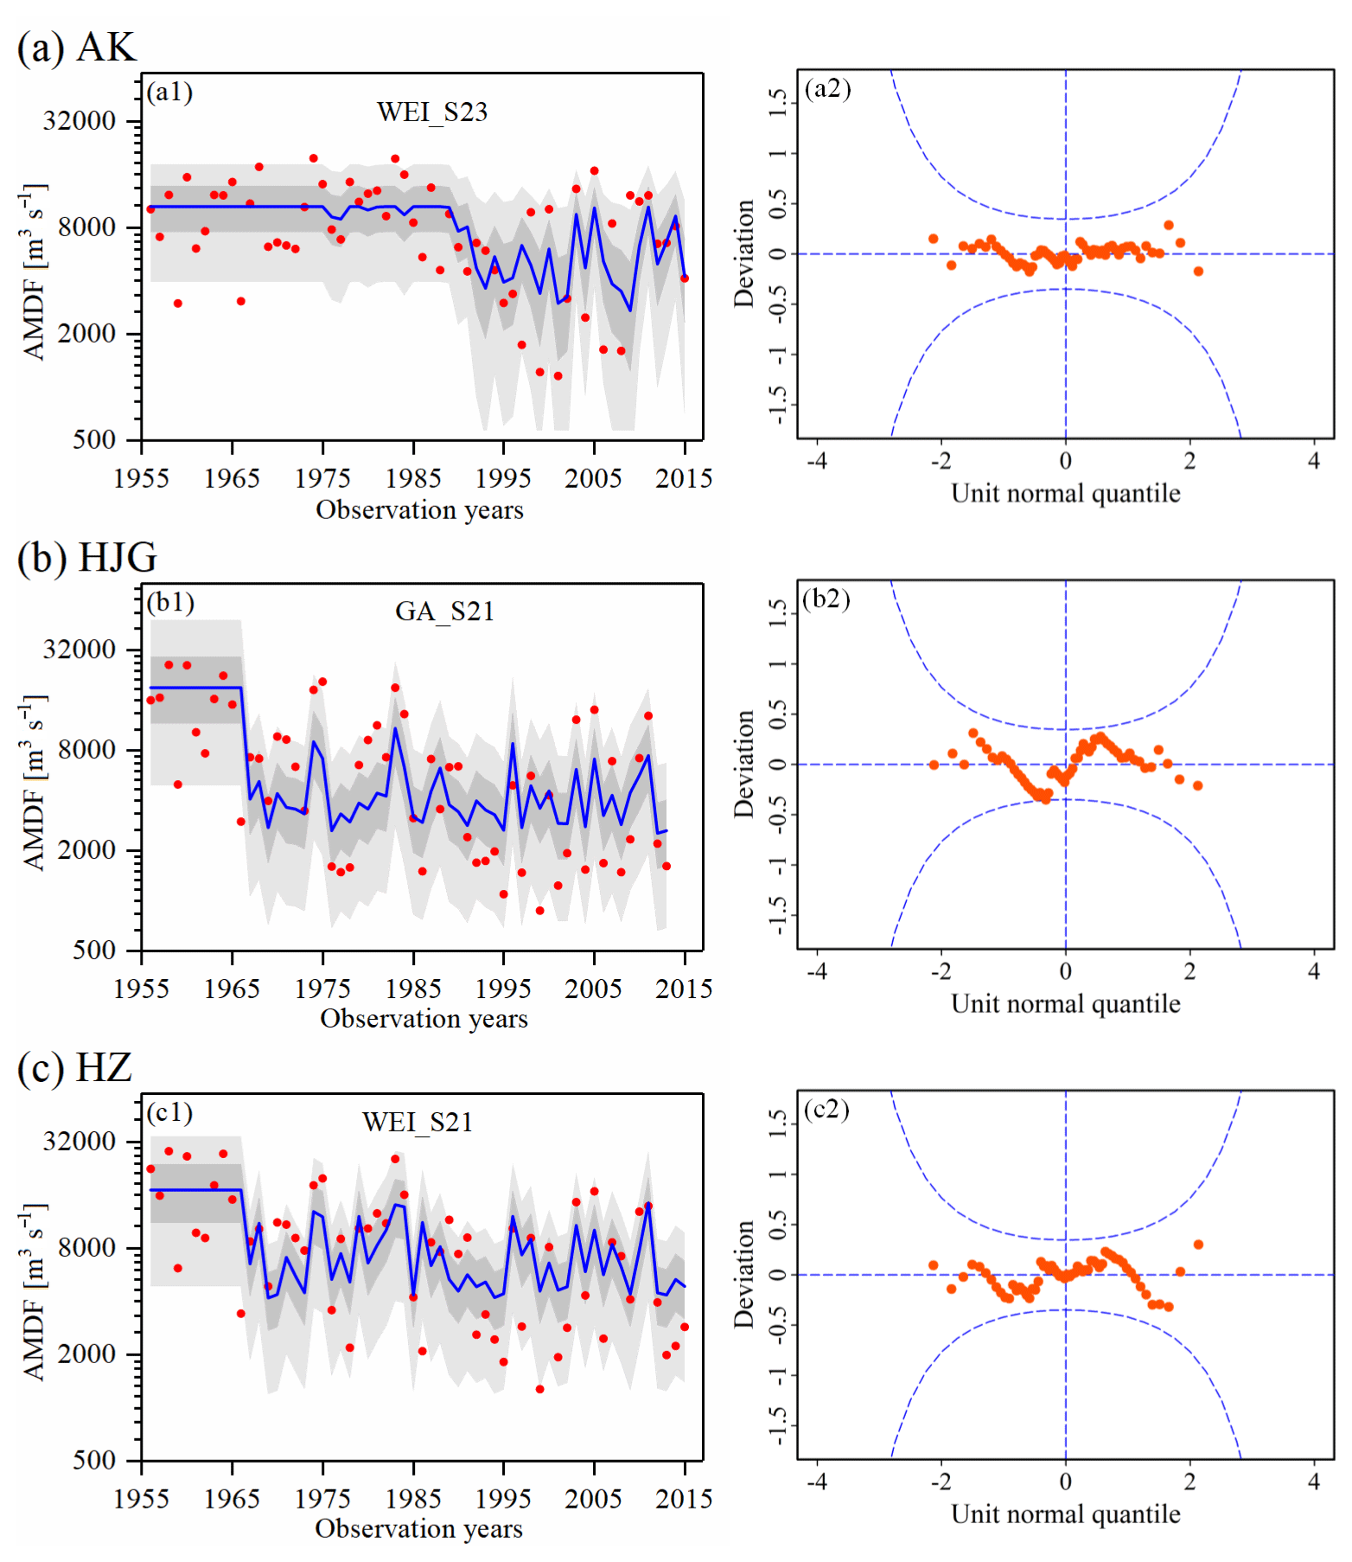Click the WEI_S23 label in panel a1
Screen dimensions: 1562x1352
coord(431,112)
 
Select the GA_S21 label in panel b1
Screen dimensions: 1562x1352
coord(444,611)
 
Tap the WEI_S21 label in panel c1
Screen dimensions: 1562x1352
coord(418,1122)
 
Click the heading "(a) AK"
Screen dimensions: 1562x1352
coord(76,47)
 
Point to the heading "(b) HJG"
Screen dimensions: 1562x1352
coord(86,557)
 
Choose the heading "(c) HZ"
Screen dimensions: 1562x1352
coord(74,1067)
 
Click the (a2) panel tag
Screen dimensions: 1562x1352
coord(827,88)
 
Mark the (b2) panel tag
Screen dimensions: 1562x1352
coord(826,599)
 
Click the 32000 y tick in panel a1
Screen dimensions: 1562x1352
coord(80,121)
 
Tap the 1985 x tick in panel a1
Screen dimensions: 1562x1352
coord(413,478)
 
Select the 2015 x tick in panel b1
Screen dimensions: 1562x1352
coord(684,989)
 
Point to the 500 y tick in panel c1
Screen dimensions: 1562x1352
coord(94,1460)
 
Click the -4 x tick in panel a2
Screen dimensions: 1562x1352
coord(817,461)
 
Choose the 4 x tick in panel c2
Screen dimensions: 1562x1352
coord(1314,1482)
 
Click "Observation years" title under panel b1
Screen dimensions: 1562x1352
coord(424,1019)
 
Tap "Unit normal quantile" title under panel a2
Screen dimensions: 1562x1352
coord(1066,493)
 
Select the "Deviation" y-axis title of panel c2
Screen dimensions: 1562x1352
coord(743,1274)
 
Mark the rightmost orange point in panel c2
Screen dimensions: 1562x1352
coord(1198,1245)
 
